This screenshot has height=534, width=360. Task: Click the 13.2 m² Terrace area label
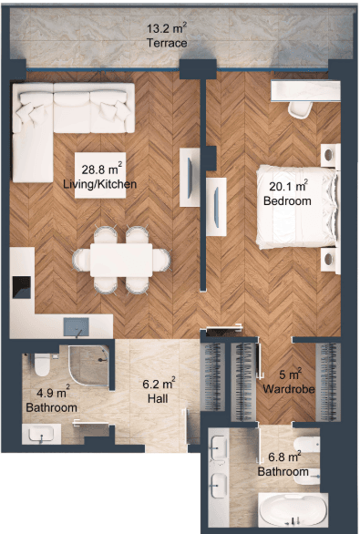(x=167, y=36)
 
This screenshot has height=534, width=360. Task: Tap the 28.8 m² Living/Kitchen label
(x=100, y=177)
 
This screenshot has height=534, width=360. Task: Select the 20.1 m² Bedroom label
(x=288, y=193)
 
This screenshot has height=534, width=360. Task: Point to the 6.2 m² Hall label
(x=159, y=391)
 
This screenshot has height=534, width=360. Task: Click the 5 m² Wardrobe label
(x=289, y=382)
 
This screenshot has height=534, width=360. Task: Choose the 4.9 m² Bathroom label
(x=52, y=401)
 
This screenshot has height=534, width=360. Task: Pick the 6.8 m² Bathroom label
(x=283, y=465)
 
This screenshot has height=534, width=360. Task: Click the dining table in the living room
(x=121, y=261)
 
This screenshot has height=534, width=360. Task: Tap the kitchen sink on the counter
(x=77, y=327)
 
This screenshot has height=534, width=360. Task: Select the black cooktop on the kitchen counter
(x=22, y=287)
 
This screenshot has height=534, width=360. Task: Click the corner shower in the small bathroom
(x=89, y=366)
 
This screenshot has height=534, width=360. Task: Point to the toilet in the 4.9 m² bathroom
(x=42, y=365)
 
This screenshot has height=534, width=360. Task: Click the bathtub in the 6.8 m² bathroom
(x=293, y=510)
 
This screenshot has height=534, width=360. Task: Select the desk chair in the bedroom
(x=300, y=110)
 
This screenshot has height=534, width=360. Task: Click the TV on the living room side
(x=190, y=177)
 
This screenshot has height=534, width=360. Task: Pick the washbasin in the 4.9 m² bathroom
(x=41, y=434)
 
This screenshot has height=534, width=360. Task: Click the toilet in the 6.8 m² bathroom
(x=307, y=445)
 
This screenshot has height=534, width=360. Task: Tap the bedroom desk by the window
(x=305, y=90)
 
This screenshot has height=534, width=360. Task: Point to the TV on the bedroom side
(x=216, y=206)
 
